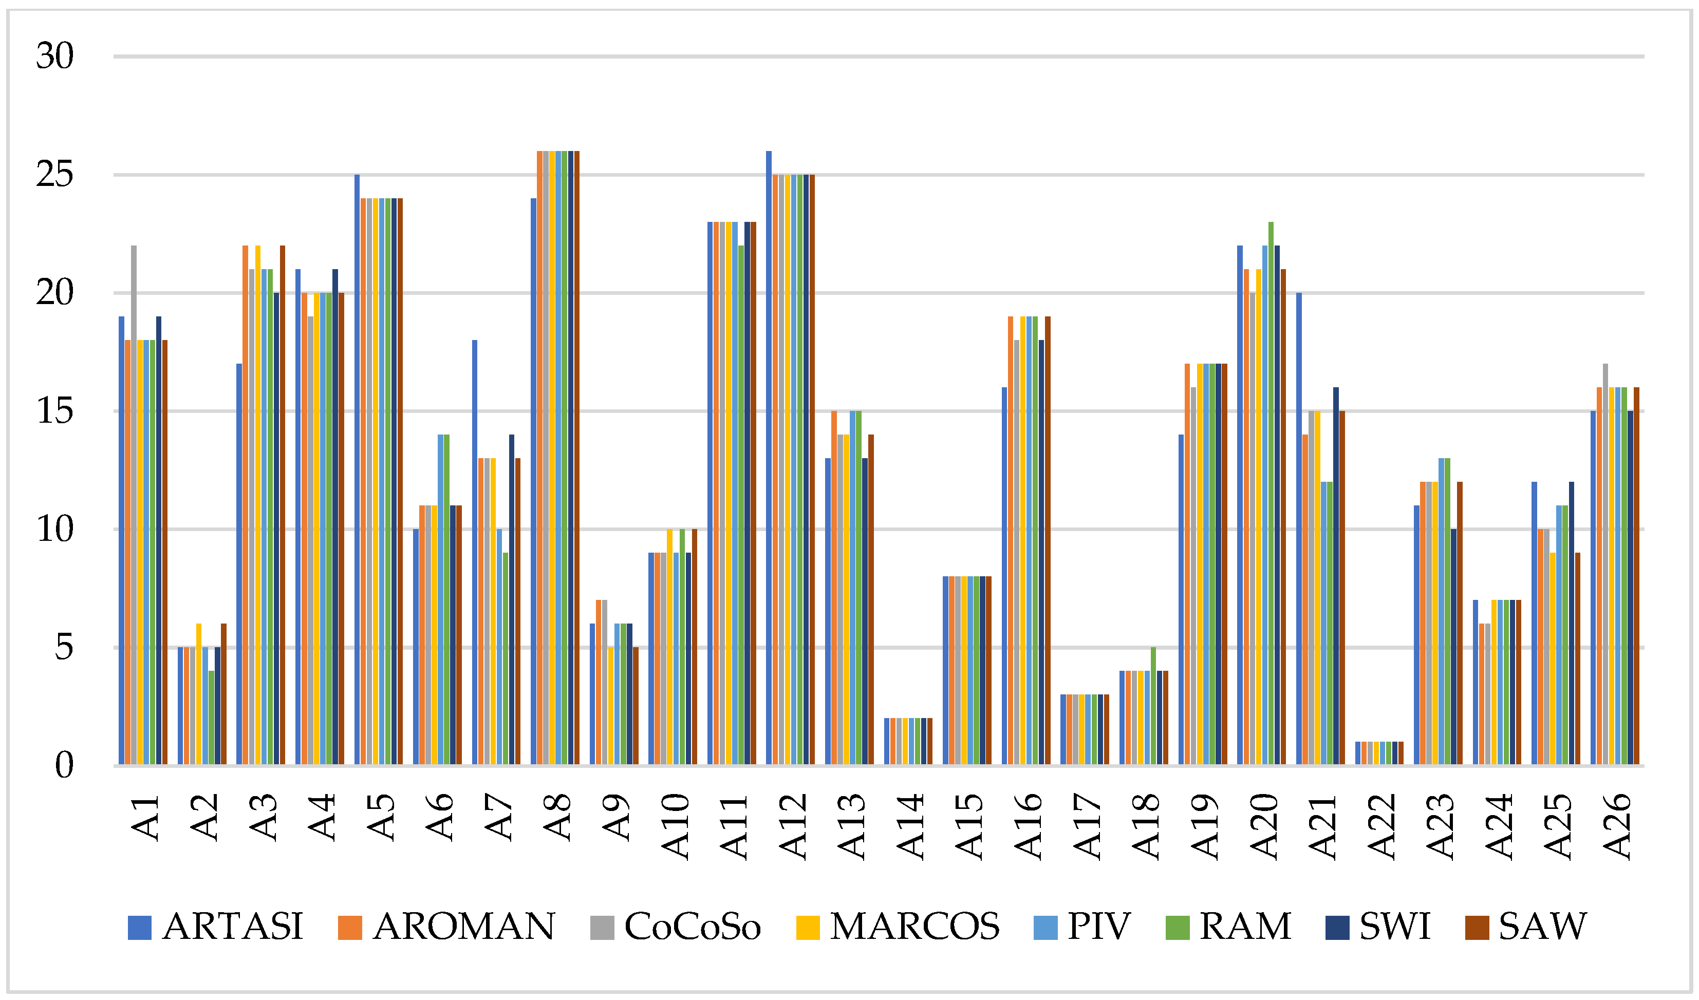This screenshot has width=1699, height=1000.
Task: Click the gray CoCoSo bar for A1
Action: (134, 505)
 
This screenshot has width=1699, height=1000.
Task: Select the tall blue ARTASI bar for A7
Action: (475, 552)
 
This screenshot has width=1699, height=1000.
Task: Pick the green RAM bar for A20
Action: (1271, 493)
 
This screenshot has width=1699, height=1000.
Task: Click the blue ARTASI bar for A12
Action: (769, 458)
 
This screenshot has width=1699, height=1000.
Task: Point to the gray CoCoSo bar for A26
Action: (1605, 564)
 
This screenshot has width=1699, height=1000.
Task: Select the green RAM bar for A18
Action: (1153, 706)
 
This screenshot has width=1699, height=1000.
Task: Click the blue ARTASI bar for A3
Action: (239, 564)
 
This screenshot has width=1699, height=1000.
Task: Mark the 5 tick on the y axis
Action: (65, 648)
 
